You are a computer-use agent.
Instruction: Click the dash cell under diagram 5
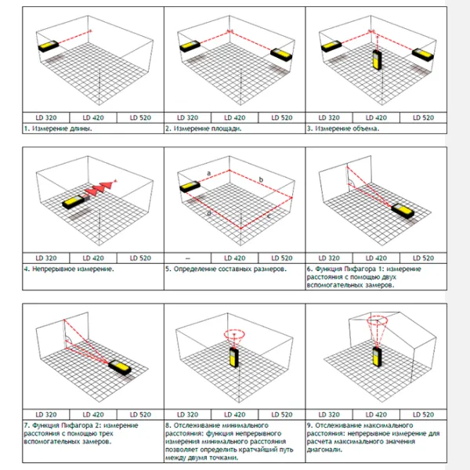(188, 258)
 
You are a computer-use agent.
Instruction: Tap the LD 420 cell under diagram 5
(235, 258)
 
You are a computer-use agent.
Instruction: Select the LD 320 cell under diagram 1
(46, 117)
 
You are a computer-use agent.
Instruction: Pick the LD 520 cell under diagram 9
(423, 414)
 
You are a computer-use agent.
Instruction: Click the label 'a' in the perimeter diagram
(209, 173)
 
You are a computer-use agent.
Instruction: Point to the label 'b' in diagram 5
(261, 179)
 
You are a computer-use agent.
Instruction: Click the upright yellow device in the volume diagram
(377, 60)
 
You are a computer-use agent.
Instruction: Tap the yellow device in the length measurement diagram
(49, 46)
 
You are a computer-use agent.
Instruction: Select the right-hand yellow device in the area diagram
(281, 55)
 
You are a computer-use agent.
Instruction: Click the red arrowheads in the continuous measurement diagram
(99, 188)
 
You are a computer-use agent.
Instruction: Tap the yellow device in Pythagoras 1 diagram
(403, 211)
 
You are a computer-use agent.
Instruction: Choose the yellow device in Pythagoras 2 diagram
(120, 367)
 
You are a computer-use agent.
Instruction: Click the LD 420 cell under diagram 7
(93, 414)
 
